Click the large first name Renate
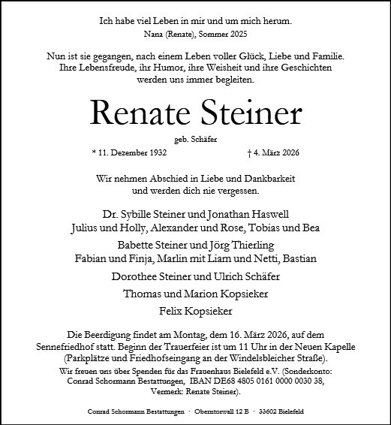click(x=138, y=113)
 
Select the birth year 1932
click(x=155, y=152)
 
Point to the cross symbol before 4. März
click(x=249, y=152)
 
